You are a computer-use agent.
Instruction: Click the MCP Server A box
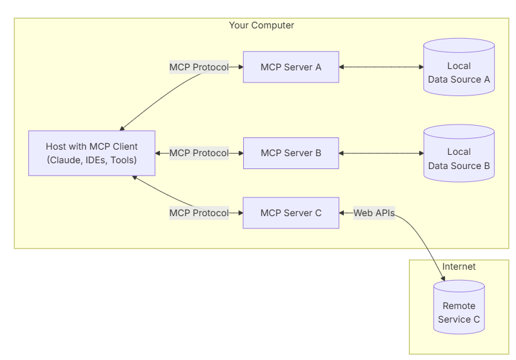tap(291, 67)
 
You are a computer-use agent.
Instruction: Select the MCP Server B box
tap(291, 153)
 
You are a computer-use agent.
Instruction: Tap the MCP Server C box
tap(291, 213)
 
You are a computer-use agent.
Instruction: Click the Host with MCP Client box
tap(92, 153)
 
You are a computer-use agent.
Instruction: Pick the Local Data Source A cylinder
tap(459, 67)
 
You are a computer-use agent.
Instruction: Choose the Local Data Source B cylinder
tap(459, 153)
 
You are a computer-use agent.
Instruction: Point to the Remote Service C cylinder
tap(459, 307)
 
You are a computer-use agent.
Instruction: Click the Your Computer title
tap(262, 25)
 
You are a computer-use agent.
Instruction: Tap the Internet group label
tap(459, 266)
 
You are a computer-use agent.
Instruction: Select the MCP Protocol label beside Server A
tap(199, 67)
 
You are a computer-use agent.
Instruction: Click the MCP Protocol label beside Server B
tap(199, 153)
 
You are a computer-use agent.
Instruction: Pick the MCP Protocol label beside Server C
tap(199, 213)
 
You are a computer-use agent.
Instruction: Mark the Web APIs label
tap(374, 213)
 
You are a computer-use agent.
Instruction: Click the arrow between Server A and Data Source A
tap(381, 67)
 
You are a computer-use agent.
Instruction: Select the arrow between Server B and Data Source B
tap(381, 153)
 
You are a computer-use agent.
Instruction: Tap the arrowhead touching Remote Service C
tap(443, 279)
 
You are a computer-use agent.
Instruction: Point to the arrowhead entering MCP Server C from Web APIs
tap(341, 213)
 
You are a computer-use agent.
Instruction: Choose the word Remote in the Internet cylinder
tap(459, 306)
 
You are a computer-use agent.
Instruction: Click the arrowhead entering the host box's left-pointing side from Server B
tap(157, 153)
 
